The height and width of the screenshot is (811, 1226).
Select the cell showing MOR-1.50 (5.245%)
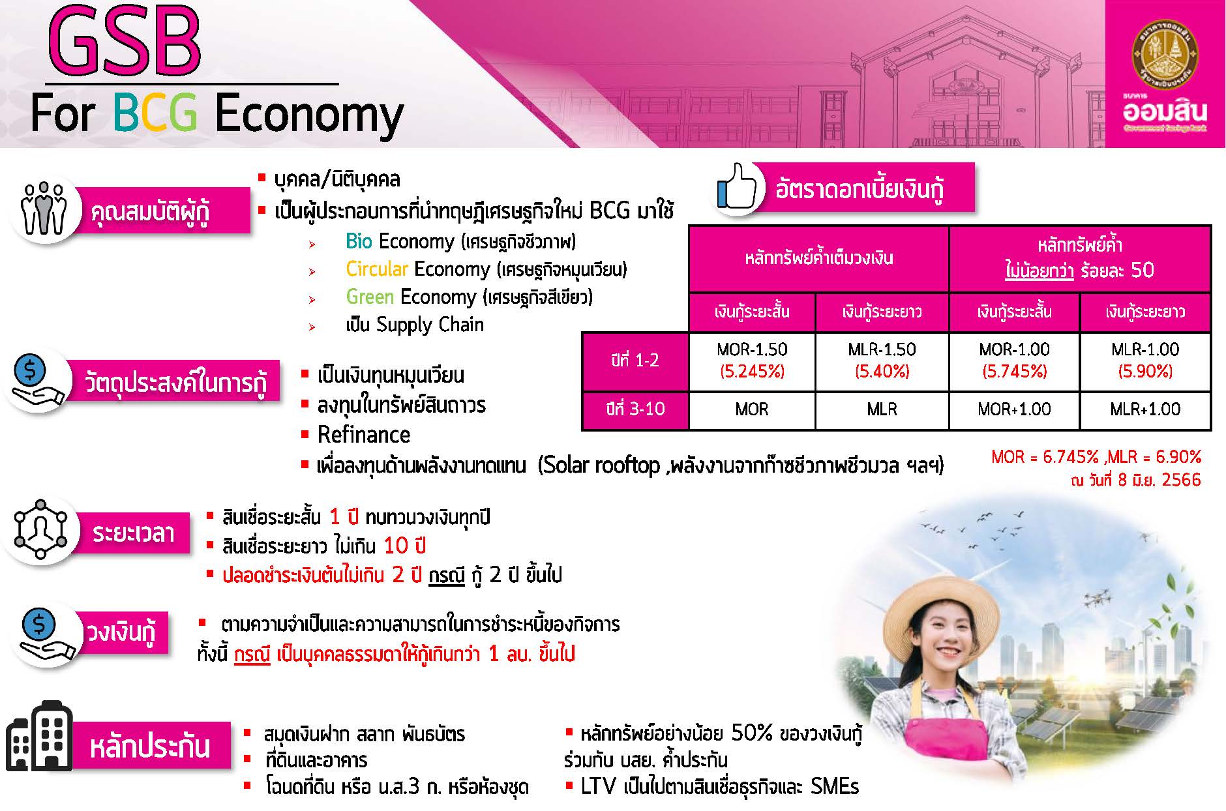(752, 361)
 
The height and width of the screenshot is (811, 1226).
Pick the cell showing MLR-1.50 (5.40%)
(882, 361)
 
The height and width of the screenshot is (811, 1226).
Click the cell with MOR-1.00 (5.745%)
(1014, 361)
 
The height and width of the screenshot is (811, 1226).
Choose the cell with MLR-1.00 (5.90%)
(1145, 361)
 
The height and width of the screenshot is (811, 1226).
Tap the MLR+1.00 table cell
(1145, 409)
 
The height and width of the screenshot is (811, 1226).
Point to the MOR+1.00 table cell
(1014, 409)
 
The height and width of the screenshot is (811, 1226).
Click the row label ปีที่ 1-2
(635, 361)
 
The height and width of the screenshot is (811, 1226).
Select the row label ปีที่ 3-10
(635, 409)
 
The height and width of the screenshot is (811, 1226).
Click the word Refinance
(364, 435)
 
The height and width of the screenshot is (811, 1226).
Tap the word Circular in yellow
(377, 269)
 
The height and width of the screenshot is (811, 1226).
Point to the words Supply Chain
(430, 325)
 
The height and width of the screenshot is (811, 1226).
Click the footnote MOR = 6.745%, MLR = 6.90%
(1096, 457)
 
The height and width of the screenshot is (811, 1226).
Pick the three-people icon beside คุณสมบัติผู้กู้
(44, 209)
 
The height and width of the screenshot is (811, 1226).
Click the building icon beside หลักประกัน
(39, 737)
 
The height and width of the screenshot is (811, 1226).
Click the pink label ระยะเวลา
(133, 533)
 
